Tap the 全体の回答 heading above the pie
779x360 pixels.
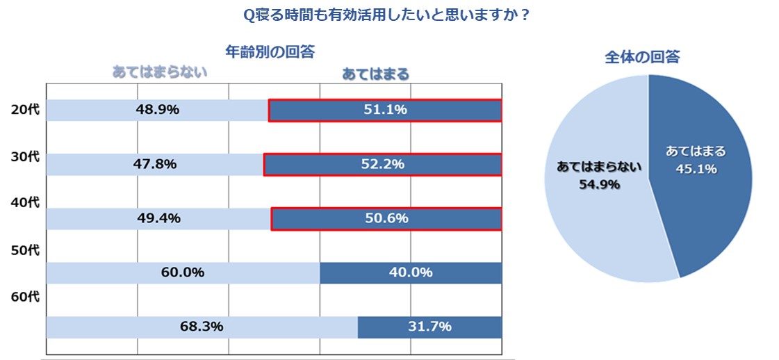pyautogui.click(x=642, y=57)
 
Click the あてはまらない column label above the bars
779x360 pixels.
pyautogui.click(x=160, y=72)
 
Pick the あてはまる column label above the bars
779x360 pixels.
pyautogui.click(x=375, y=73)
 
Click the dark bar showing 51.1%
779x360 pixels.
pyautogui.click(x=385, y=111)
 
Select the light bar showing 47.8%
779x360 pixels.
pyautogui.click(x=154, y=165)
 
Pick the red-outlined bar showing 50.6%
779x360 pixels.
pyautogui.click(x=386, y=219)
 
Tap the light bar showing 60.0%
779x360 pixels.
pyautogui.click(x=183, y=273)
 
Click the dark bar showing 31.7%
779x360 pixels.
pyautogui.click(x=430, y=327)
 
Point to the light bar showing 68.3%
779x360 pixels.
pyautogui.click(x=202, y=327)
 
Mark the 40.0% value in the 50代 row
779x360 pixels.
pyautogui.click(x=411, y=272)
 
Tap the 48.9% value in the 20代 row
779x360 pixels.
pyautogui.click(x=157, y=110)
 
